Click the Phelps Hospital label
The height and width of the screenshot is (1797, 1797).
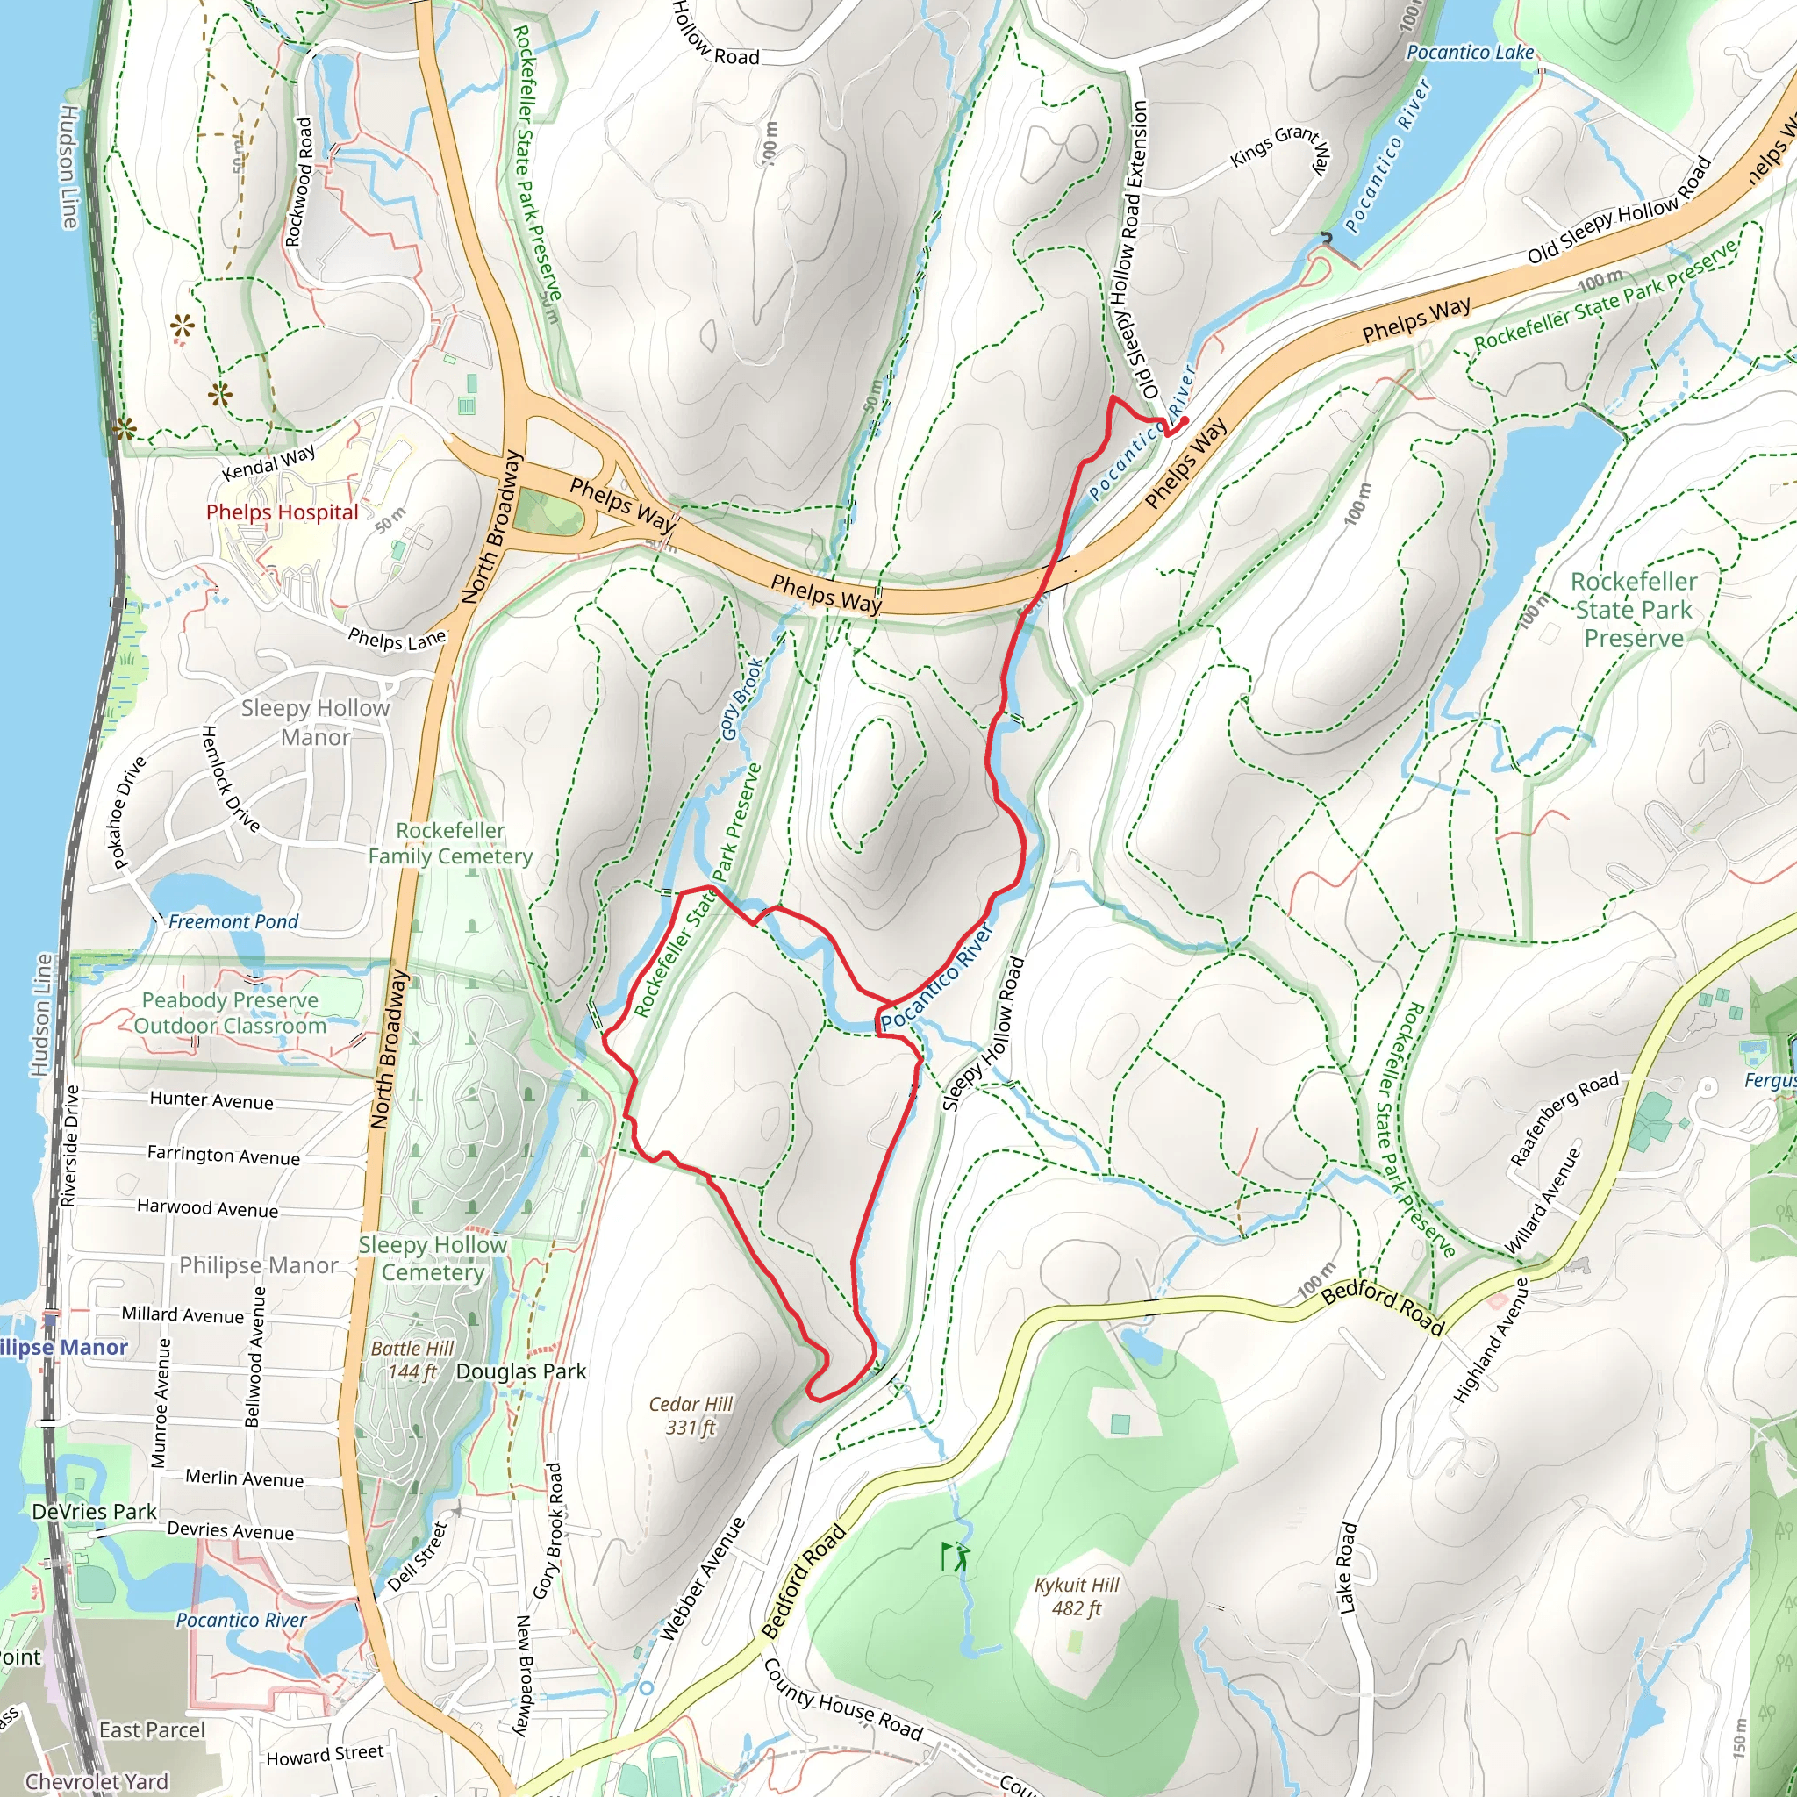(x=282, y=512)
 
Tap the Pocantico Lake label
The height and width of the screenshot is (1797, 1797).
(x=1470, y=53)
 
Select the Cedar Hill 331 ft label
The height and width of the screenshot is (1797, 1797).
(x=691, y=1414)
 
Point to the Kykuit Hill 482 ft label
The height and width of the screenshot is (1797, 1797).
(x=1077, y=1597)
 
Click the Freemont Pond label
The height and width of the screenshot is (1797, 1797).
(x=233, y=922)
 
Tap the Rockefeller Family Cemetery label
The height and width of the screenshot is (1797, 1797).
(x=450, y=843)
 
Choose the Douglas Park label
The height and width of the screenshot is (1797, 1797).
(x=521, y=1372)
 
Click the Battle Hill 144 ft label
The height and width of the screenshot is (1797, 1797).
(x=412, y=1360)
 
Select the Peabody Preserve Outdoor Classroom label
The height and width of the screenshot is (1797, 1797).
(x=230, y=1013)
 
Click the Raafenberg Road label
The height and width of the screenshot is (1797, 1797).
(x=1564, y=1119)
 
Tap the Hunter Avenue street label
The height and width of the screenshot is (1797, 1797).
(x=211, y=1100)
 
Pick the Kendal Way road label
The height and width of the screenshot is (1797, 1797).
(x=268, y=462)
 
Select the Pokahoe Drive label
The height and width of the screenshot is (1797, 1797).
(x=129, y=812)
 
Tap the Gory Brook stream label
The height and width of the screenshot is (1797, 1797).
(x=742, y=699)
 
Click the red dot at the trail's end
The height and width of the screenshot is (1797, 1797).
(x=1184, y=421)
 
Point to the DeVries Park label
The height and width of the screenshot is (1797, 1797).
(x=94, y=1512)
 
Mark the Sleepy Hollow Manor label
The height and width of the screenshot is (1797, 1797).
(x=315, y=723)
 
